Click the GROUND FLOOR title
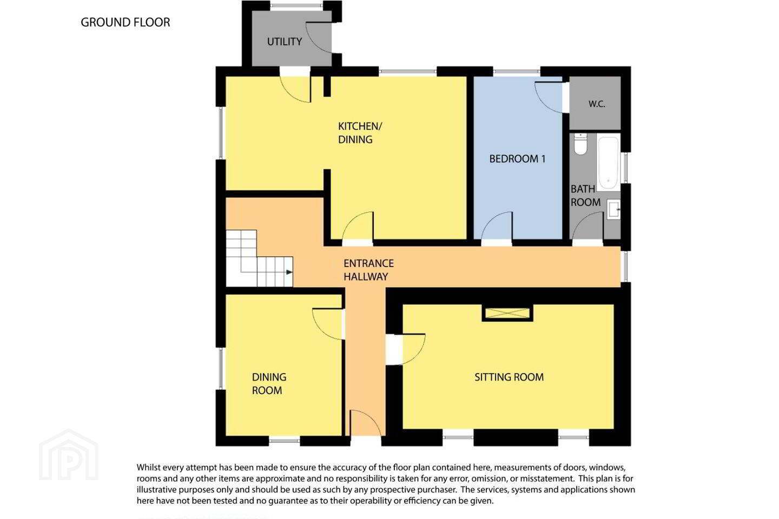[125, 22]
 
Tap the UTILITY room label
[284, 42]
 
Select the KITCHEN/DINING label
[360, 133]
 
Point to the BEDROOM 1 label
[517, 159]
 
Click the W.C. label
[597, 104]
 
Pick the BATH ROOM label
[586, 196]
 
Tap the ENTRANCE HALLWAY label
[368, 270]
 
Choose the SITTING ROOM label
[509, 377]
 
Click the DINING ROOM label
[269, 384]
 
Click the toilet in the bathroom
[580, 143]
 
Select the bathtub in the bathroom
[608, 163]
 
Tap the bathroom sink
[613, 209]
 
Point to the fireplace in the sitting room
[507, 313]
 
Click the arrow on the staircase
[289, 272]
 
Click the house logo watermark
[69, 455]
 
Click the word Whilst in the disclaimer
[148, 467]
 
